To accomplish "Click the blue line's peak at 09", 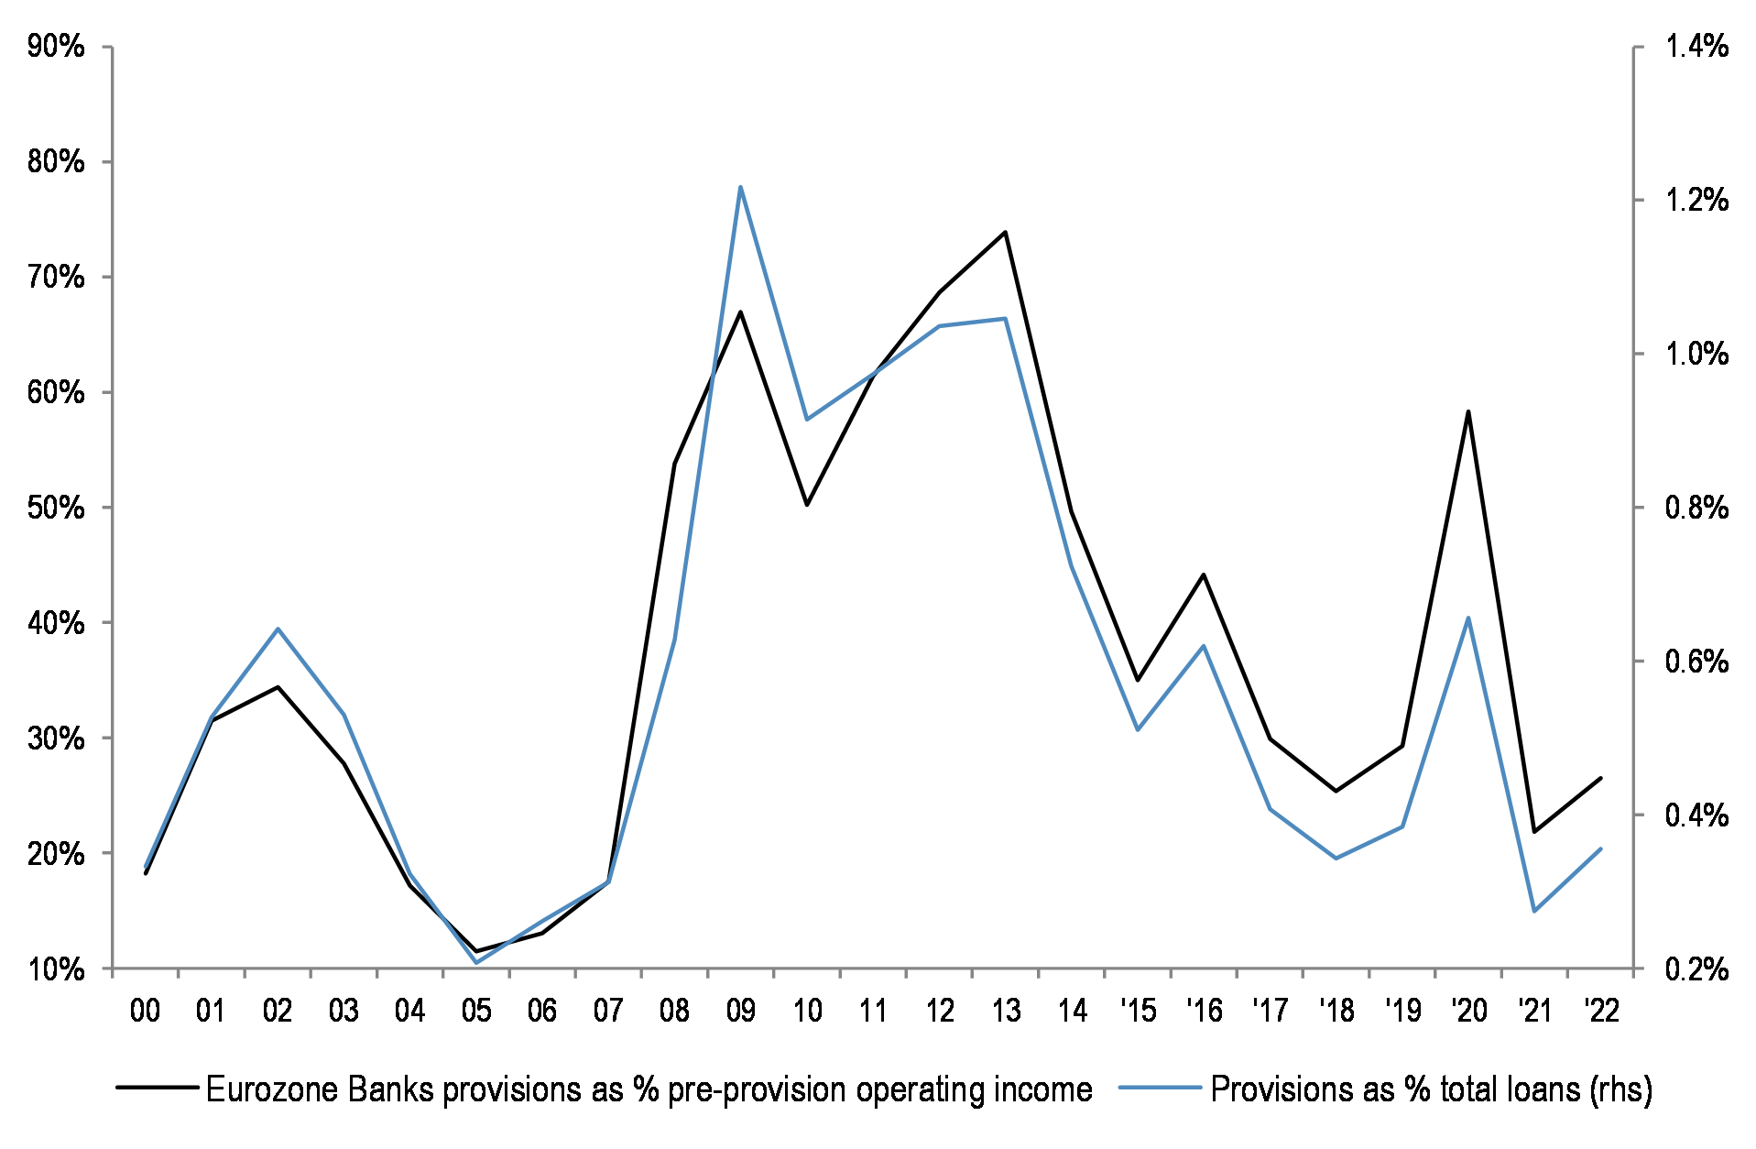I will (x=740, y=187).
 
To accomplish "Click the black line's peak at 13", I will (x=1005, y=232).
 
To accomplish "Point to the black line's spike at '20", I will (x=1468, y=411).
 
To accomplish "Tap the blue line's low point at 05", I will (x=476, y=962).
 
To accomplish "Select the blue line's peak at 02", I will (x=278, y=629).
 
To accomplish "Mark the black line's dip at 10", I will (x=807, y=505).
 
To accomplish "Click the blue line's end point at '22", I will (x=1600, y=848).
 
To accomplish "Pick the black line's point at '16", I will (x=1204, y=574).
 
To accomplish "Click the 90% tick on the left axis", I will (x=107, y=47).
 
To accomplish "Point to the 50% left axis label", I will (x=56, y=508).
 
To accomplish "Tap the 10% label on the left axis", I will (x=56, y=969).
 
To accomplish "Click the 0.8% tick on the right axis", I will (x=1638, y=508).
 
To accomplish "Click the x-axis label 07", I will (x=608, y=1011).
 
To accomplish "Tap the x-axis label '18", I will (x=1336, y=1011).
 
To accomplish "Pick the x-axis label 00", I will (x=145, y=1011).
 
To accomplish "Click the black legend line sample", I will (x=158, y=1088).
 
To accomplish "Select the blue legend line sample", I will (x=1160, y=1088).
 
